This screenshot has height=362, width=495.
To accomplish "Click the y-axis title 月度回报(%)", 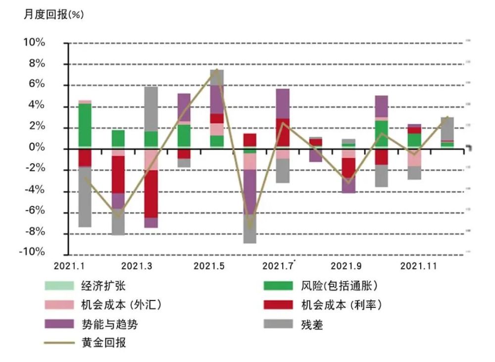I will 54,14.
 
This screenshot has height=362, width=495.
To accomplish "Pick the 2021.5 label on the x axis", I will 209,266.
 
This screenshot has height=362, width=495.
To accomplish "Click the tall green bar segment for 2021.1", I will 85,126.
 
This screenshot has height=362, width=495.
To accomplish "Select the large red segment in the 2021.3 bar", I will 151,194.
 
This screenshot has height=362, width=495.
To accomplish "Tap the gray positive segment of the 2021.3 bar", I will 151,109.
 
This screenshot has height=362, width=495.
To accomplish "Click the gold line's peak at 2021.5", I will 217,70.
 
